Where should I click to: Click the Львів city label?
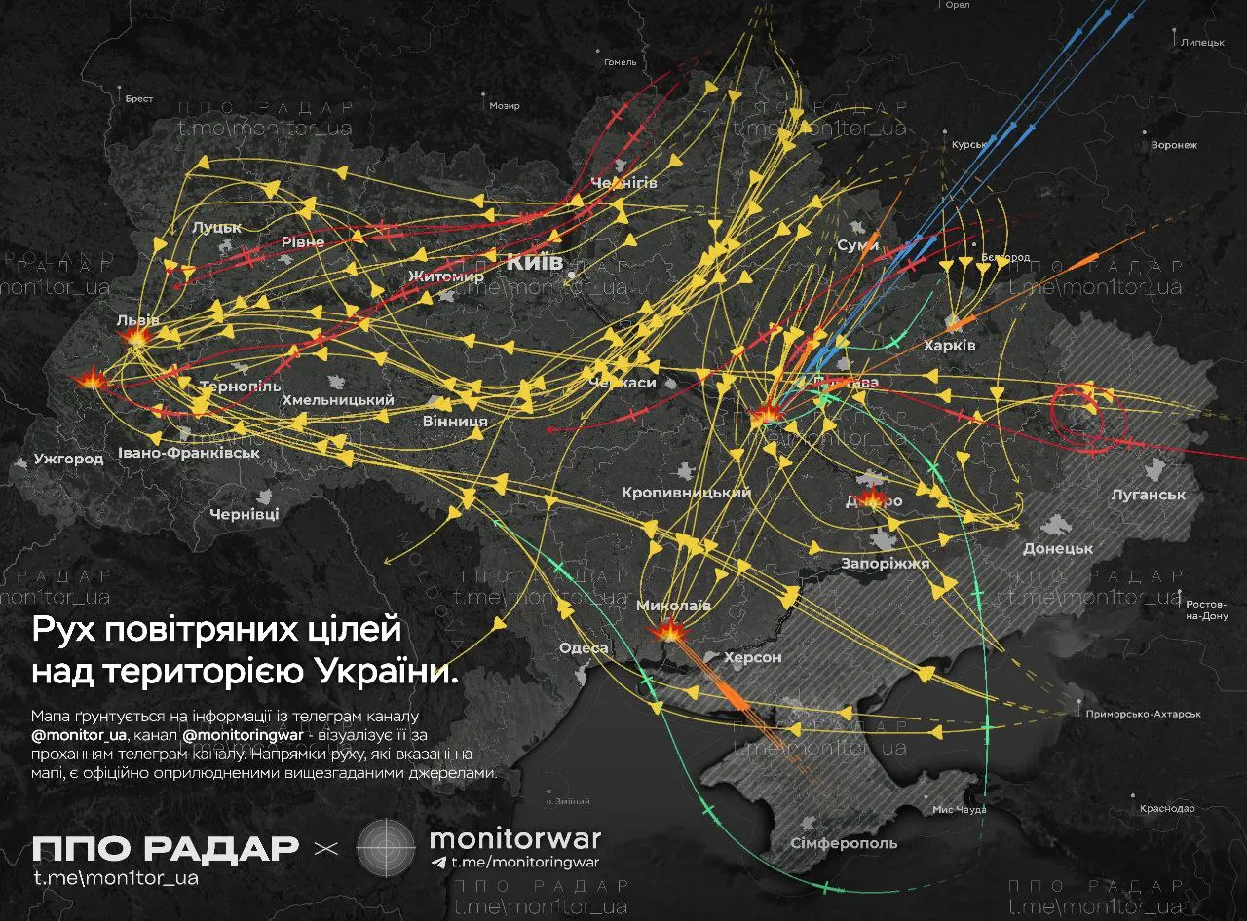pyautogui.click(x=137, y=319)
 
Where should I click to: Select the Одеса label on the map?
pyautogui.click(x=584, y=648)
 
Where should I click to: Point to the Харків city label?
pyautogui.click(x=950, y=346)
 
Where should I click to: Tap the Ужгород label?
pyautogui.click(x=68, y=459)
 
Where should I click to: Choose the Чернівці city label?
pyautogui.click(x=245, y=513)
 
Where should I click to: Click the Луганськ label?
pyautogui.click(x=1149, y=495)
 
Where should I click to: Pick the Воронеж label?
pyautogui.click(x=1173, y=145)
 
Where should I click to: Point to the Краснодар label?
pyautogui.click(x=1166, y=809)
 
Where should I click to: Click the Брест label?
pyautogui.click(x=139, y=98)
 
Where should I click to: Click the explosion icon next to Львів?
pyautogui.click(x=134, y=337)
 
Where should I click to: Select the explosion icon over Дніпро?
pyautogui.click(x=872, y=499)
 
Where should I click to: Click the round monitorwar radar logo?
pyautogui.click(x=387, y=847)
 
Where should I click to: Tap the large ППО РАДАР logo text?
pyautogui.click(x=165, y=848)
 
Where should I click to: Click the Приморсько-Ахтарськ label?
pyautogui.click(x=1143, y=714)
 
